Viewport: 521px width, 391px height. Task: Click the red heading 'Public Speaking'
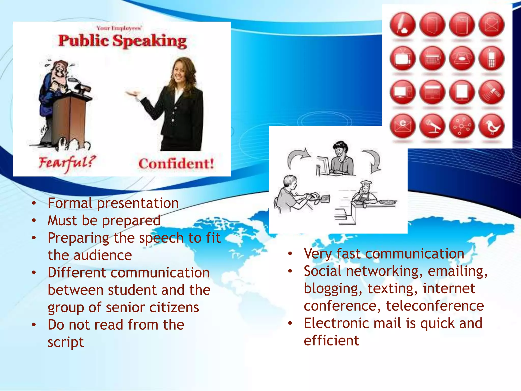tap(122, 41)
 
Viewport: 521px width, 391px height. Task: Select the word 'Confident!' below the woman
tap(176, 164)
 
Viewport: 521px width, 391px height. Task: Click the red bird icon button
tap(491, 126)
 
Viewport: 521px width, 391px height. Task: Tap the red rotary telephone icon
tap(462, 59)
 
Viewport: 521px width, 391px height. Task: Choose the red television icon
tap(403, 59)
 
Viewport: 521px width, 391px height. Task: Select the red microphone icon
tap(432, 126)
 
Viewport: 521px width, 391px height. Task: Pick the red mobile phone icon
tap(491, 59)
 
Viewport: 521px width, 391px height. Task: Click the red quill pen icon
tap(403, 25)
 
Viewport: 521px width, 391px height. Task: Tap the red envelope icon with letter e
tap(403, 126)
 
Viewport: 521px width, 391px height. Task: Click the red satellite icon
tap(491, 92)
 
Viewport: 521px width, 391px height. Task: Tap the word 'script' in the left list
tap(66, 342)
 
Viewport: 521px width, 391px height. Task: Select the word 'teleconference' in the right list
tap(435, 306)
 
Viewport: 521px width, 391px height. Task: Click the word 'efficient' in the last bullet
tap(331, 341)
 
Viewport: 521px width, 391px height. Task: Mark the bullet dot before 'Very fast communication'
tap(290, 254)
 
